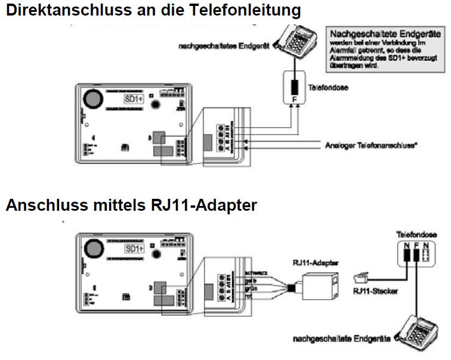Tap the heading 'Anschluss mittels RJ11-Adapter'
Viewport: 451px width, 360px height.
tap(131, 205)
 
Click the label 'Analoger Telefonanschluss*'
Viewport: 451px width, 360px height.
tap(370, 145)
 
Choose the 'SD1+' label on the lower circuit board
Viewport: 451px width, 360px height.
tap(134, 248)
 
